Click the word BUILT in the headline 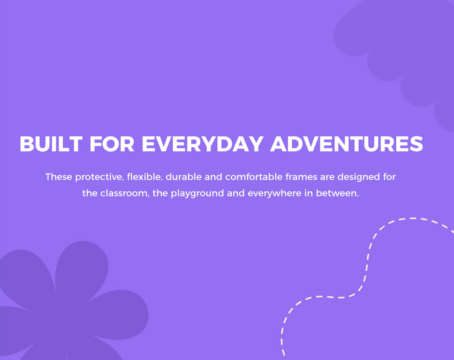tap(51, 144)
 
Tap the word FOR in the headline tap(112, 144)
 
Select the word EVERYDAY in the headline tap(203, 144)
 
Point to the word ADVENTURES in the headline tap(346, 144)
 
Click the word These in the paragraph tap(59, 177)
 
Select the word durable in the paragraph tap(183, 177)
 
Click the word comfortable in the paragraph tap(254, 177)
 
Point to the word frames tap(301, 177)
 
